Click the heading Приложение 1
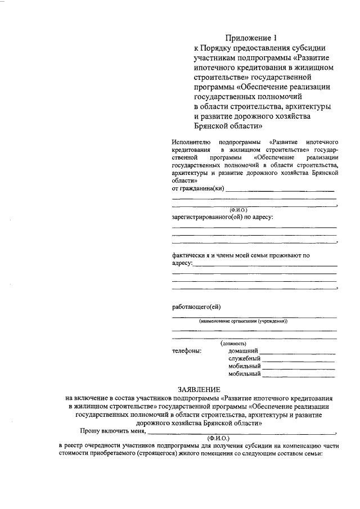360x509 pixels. [x=251, y=38]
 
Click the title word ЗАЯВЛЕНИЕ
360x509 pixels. [x=199, y=389]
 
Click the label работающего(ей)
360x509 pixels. [x=196, y=307]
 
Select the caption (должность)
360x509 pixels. [x=233, y=343]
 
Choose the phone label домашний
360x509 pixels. [x=243, y=351]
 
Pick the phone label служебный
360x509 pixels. [x=244, y=358]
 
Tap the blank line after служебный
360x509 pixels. [x=298, y=361]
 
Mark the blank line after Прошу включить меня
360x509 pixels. [x=242, y=433]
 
